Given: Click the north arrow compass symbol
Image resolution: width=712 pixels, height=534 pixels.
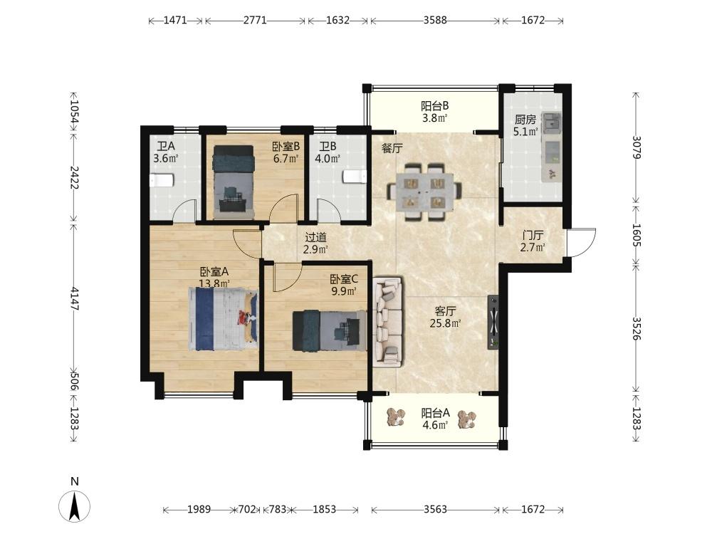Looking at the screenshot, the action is [x=75, y=506].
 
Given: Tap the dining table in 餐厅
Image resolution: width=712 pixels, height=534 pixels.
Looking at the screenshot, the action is [x=424, y=192].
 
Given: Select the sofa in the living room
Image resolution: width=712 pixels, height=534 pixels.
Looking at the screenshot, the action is [x=387, y=322].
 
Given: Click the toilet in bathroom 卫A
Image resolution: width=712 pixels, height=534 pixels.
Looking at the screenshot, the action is [x=162, y=180].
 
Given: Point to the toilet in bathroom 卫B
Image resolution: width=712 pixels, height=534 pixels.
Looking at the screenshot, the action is [x=355, y=176].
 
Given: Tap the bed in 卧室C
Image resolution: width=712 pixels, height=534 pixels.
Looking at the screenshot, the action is [x=330, y=330].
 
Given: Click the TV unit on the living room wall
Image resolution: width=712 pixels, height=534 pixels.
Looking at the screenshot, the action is [x=493, y=323].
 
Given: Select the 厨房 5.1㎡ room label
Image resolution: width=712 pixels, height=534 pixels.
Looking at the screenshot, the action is [x=525, y=126].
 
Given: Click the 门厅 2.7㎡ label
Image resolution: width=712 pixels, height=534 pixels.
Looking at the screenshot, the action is [x=533, y=241].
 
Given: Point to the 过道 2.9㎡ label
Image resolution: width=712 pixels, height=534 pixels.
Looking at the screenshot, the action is [x=315, y=243].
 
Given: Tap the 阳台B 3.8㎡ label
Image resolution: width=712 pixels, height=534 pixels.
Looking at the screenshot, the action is [x=434, y=112].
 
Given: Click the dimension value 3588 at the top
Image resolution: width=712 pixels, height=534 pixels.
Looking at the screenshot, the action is [x=435, y=20].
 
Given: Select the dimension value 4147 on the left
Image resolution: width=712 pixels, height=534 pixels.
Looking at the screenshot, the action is [x=75, y=299].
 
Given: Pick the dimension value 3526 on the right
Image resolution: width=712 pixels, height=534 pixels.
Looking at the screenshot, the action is [x=637, y=328].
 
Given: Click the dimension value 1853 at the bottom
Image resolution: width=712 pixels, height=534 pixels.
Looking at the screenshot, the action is [x=324, y=510].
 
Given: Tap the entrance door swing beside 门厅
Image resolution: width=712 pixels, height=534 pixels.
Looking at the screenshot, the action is [x=582, y=243].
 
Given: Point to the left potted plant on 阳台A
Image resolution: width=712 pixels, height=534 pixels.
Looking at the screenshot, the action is [x=395, y=417].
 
